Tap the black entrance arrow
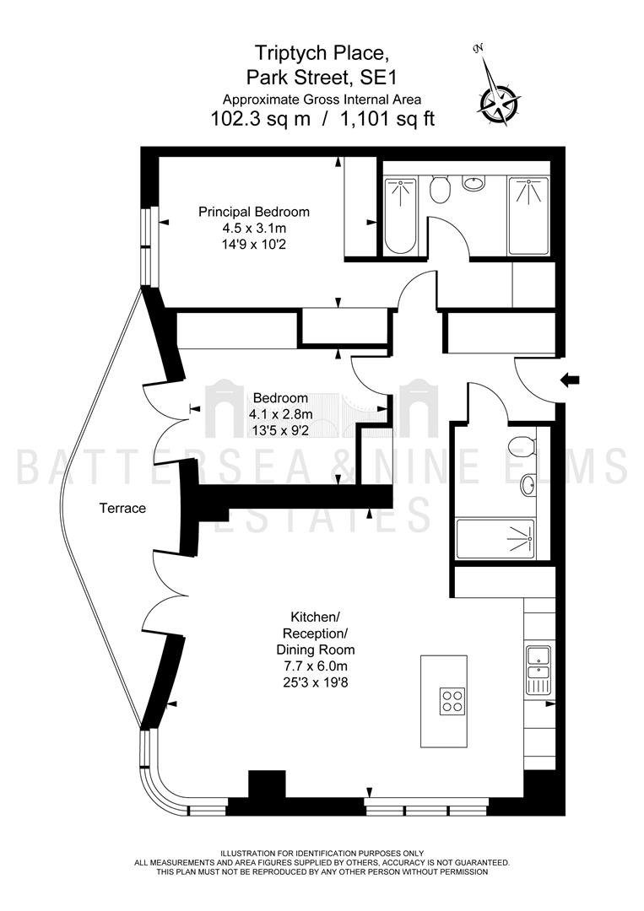[571, 380]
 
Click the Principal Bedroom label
[254, 212]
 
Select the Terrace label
[122, 509]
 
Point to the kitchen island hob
[452, 701]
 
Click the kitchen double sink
[538, 671]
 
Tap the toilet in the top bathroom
[440, 188]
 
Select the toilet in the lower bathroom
[522, 447]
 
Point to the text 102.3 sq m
[261, 119]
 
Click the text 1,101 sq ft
[387, 119]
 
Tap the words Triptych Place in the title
[322, 53]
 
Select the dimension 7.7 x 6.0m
[315, 666]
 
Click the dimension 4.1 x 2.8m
[281, 414]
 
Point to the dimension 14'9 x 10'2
[254, 244]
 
